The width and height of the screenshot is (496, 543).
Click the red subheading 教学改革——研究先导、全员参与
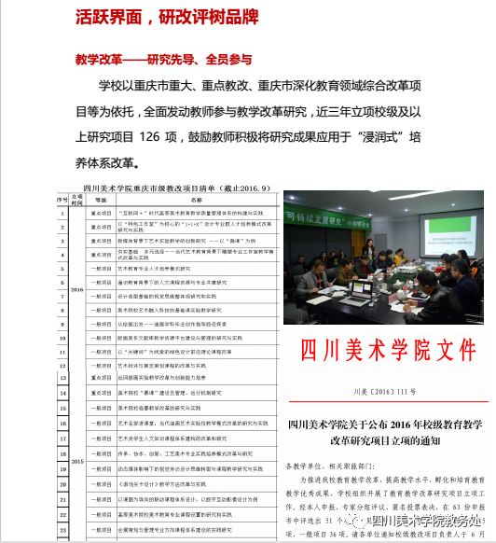point(163,59)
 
